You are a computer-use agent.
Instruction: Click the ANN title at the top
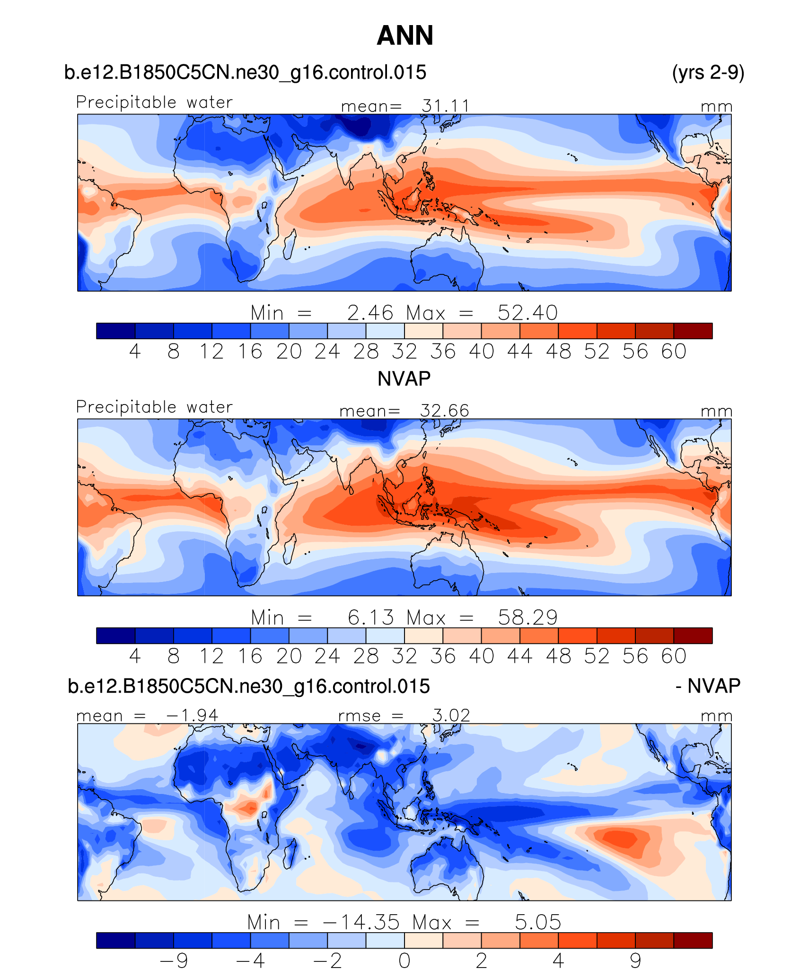404,35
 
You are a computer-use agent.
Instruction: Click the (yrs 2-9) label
708,72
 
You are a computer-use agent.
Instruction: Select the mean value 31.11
446,106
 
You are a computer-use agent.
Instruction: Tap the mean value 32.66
445,411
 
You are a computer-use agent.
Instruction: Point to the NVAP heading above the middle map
404,379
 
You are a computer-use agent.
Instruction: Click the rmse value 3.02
451,715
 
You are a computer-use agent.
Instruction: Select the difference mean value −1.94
193,715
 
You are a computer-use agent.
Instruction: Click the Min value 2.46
370,313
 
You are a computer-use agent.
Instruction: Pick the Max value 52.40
528,313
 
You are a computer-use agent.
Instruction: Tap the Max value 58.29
528,617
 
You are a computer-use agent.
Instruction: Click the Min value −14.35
361,922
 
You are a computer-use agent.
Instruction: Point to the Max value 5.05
538,922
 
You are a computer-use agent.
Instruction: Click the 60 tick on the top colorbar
674,352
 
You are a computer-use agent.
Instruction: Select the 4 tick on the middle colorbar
135,656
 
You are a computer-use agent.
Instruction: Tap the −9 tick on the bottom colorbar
174,961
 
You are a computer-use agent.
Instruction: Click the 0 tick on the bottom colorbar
404,961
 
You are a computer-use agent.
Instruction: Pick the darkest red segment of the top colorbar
693,331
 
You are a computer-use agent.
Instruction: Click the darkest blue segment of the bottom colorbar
115,940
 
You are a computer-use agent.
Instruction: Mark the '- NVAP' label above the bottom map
708,686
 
